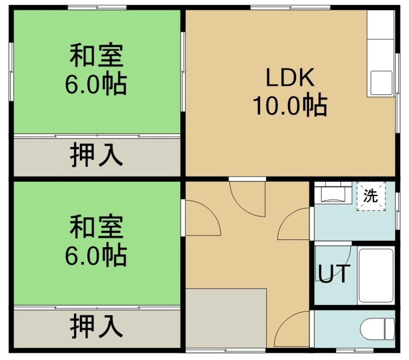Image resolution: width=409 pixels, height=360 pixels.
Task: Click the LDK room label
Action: [x=290, y=77]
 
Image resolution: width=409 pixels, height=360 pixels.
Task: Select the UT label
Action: [x=334, y=274]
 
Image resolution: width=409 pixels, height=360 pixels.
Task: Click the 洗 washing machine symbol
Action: [x=371, y=196]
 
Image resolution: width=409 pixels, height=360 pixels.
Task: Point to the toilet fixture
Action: [x=377, y=329]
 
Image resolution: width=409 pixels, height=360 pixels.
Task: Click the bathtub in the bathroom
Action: [x=376, y=275]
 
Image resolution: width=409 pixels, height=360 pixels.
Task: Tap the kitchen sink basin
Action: [x=381, y=83]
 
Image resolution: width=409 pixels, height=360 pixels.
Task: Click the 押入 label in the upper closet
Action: [x=97, y=154]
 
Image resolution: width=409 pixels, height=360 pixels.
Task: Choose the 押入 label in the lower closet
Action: [x=97, y=326]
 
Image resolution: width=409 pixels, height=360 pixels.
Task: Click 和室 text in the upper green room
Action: [x=97, y=55]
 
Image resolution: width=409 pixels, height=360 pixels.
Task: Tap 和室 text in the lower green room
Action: [x=97, y=226]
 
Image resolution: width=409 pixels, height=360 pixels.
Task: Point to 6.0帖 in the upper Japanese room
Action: [x=96, y=84]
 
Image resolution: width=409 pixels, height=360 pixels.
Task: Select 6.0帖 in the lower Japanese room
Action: [x=96, y=255]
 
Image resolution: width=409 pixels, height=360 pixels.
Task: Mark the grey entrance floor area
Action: [x=226, y=318]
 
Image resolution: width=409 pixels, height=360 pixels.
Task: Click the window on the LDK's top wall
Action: [x=290, y=7]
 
